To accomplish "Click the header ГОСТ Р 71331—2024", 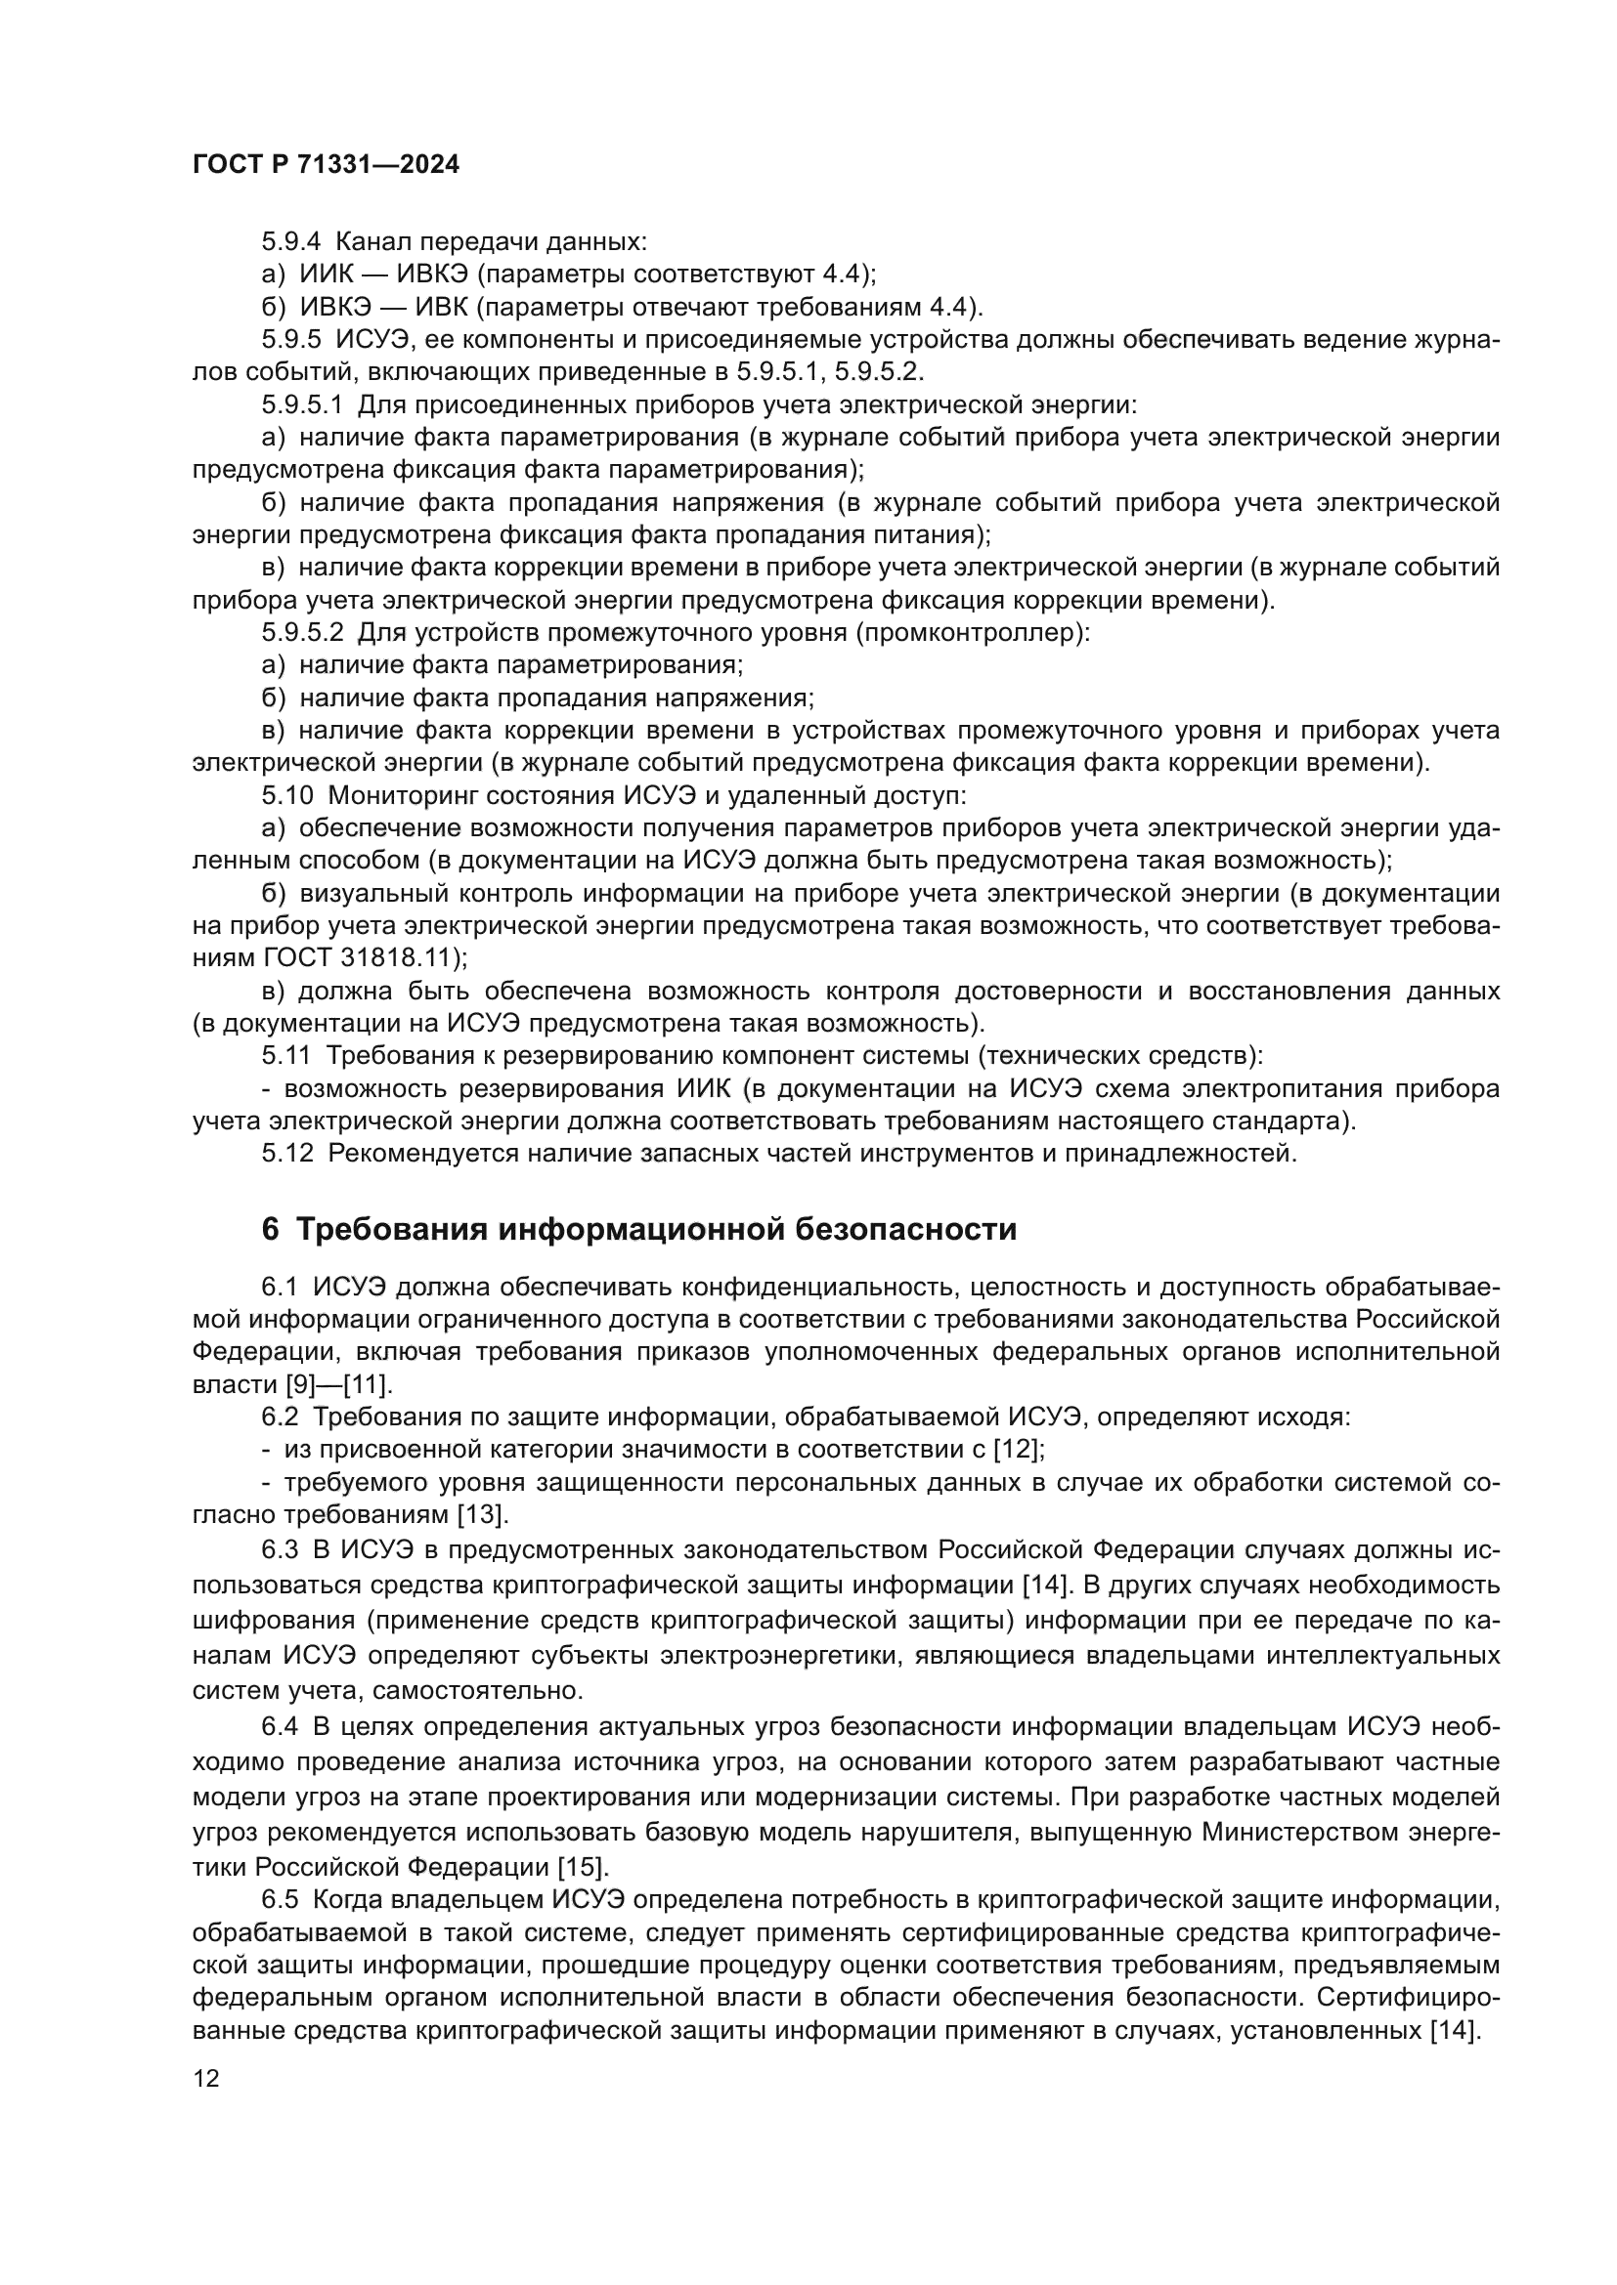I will [326, 165].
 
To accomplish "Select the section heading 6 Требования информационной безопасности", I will [638, 1229].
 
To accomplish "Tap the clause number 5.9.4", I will [291, 241].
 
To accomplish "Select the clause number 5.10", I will [287, 796].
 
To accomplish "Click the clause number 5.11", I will [286, 1056].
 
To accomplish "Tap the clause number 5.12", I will [287, 1154].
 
